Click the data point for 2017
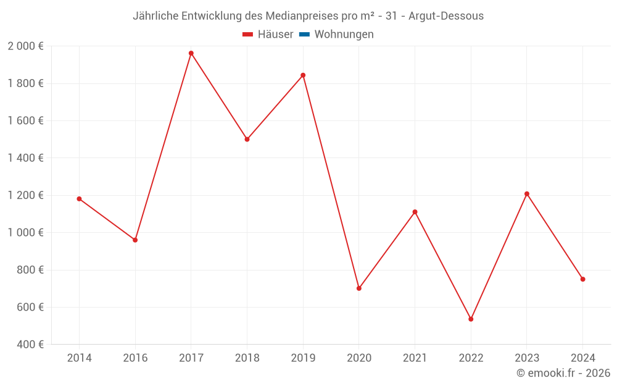(x=191, y=53)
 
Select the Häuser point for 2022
(x=471, y=319)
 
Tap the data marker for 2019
(x=303, y=75)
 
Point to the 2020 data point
(x=359, y=288)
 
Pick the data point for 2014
(x=79, y=199)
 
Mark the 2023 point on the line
(x=527, y=194)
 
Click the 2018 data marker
(x=247, y=140)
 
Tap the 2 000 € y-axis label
(x=25, y=46)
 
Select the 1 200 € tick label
(x=25, y=196)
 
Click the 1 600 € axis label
(x=25, y=121)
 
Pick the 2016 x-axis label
(x=135, y=358)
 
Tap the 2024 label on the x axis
(x=582, y=358)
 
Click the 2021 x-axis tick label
(x=415, y=358)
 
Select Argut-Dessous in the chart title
(x=447, y=15)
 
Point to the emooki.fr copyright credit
(x=563, y=373)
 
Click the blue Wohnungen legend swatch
(x=304, y=35)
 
